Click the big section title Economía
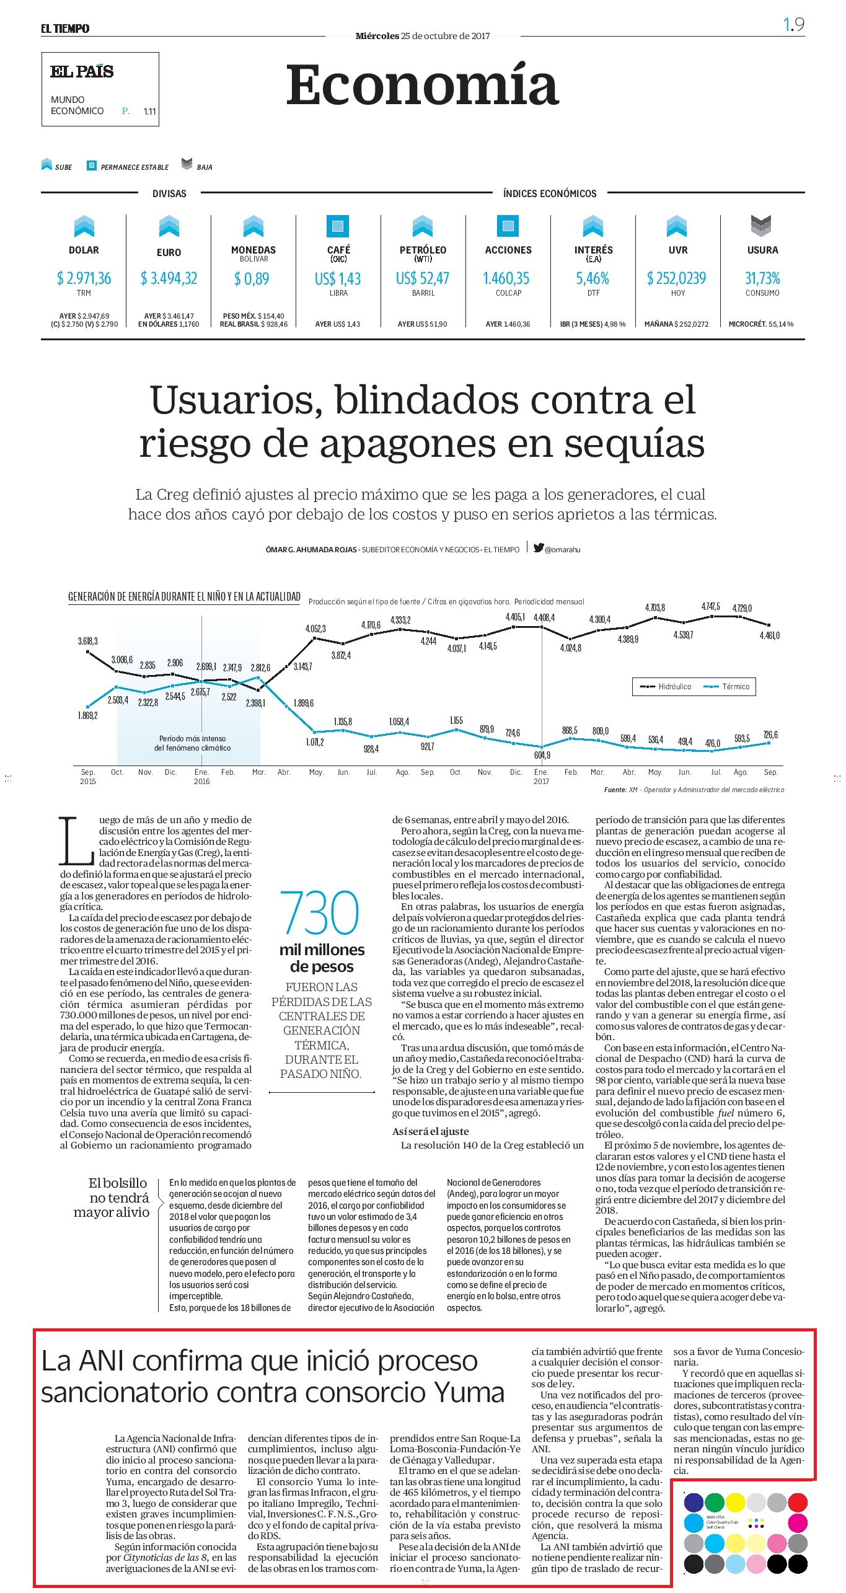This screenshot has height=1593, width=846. coord(423,85)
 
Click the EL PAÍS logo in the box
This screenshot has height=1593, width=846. coord(82,72)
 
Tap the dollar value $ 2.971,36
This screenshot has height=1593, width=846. coord(84,278)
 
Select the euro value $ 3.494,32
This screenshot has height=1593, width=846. coord(169,278)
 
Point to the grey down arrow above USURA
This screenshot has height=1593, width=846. coord(761,226)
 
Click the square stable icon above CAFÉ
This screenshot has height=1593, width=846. coord(338,226)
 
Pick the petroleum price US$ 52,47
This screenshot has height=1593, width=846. coord(423,278)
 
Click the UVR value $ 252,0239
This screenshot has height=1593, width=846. coord(677,278)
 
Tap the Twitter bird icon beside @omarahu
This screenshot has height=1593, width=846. coord(539,547)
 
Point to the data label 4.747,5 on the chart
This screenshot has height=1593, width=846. coord(711,606)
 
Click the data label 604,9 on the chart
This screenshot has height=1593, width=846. coord(542,755)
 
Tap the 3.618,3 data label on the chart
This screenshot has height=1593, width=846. coord(87,641)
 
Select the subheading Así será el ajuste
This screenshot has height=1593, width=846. coord(431,1131)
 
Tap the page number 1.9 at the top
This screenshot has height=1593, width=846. coord(794,24)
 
